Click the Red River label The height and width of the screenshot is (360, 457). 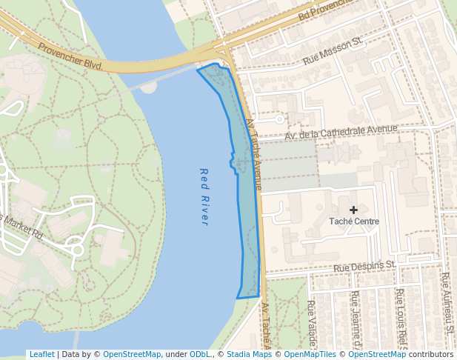coord(204,196)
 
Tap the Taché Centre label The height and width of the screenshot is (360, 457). coord(354,221)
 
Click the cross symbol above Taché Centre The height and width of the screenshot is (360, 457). coord(353,210)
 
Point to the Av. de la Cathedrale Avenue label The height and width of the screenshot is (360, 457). coord(341,133)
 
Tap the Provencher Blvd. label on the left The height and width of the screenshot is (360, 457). coord(71,56)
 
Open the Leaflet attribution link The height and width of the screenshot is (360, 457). coord(41,354)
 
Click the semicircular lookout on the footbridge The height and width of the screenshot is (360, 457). coord(149,87)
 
